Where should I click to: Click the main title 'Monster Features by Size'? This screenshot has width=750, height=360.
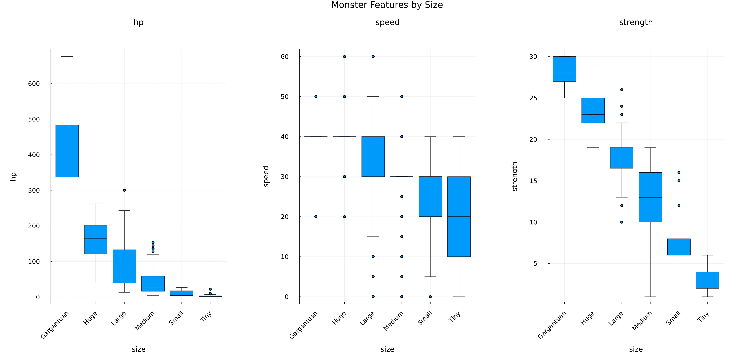coord(387,5)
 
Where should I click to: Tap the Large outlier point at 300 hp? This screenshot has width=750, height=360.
coord(124,190)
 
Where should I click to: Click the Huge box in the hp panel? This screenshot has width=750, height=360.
coord(96,239)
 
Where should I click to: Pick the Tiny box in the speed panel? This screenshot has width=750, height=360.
coord(459,216)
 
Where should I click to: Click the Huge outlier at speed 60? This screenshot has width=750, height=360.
coord(344,57)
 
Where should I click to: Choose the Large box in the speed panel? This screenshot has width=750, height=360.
coord(373,156)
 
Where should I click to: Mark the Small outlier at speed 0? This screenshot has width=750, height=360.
coord(430,297)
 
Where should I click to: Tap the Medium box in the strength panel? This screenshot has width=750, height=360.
coord(650,197)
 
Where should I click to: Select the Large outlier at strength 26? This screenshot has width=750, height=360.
coord(622,90)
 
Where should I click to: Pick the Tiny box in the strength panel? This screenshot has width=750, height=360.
coord(708,280)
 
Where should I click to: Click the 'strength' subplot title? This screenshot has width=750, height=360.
coord(636,22)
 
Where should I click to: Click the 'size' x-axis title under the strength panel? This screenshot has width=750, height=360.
coord(636,349)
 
